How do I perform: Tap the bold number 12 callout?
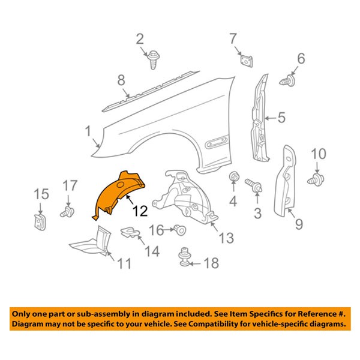pyautogui.click(x=140, y=211)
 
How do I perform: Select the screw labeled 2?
pyautogui.click(x=153, y=60)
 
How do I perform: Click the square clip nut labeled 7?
pyautogui.click(x=246, y=61)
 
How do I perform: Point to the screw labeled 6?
pyautogui.click(x=287, y=80)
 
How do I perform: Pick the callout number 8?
pyautogui.click(x=121, y=80)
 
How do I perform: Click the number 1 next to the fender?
pyautogui.click(x=88, y=131)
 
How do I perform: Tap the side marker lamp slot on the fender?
pyautogui.click(x=217, y=143)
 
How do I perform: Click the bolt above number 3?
pyautogui.click(x=254, y=185)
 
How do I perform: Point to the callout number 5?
pyautogui.click(x=281, y=118)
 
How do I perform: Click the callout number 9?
pyautogui.click(x=299, y=224)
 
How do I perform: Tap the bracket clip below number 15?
pyautogui.click(x=40, y=221)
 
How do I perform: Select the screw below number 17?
pyautogui.click(x=67, y=212)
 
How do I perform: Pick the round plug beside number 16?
pyautogui.click(x=179, y=230)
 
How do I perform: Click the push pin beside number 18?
pyautogui.click(x=184, y=257)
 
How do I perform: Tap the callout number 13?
pyautogui.click(x=226, y=238)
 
